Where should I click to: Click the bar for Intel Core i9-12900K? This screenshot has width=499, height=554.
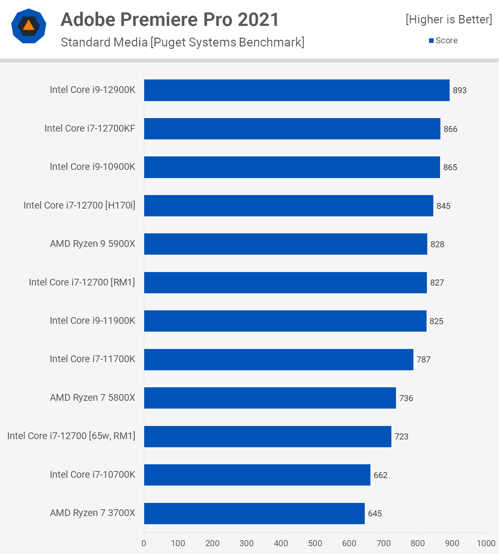click(x=297, y=90)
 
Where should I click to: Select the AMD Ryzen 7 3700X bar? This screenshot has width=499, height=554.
click(x=254, y=513)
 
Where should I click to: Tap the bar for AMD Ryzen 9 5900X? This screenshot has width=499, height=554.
click(x=286, y=244)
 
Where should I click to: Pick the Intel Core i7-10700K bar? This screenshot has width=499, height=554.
click(x=257, y=475)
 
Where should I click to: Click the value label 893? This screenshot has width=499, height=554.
click(x=460, y=90)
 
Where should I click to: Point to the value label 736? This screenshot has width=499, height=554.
click(x=406, y=398)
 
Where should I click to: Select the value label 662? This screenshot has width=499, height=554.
click(x=380, y=475)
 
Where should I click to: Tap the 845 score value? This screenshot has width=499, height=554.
click(x=443, y=206)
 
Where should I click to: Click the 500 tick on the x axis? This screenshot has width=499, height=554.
click(x=315, y=543)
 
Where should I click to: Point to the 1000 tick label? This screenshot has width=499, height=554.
click(x=486, y=543)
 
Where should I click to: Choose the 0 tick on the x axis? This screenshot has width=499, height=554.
click(x=144, y=543)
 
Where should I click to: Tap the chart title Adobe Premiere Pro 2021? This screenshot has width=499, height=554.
click(x=170, y=20)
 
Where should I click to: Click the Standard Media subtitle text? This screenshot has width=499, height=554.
click(x=183, y=42)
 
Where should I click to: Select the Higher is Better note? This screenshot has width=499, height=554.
click(x=449, y=20)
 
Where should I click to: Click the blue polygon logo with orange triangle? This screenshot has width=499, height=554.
click(x=29, y=26)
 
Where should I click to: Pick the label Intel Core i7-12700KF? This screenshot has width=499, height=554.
click(x=90, y=128)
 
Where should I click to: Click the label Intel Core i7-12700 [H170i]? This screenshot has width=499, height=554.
click(x=79, y=205)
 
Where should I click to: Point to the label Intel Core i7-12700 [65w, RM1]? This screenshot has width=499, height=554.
click(x=71, y=436)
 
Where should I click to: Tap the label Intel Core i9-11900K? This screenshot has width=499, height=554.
click(x=92, y=321)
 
